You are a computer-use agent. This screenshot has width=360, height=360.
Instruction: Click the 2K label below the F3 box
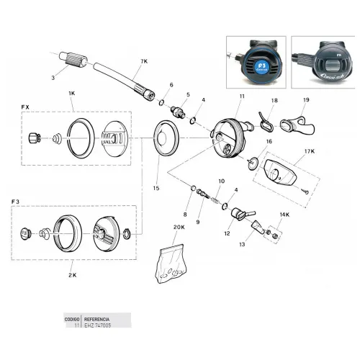coord(72,274)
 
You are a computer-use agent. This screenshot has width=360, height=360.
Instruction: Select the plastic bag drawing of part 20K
coord(171,262)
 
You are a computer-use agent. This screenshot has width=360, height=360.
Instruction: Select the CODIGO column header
coord(72,317)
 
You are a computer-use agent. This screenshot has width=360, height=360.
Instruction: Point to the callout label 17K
coord(310,152)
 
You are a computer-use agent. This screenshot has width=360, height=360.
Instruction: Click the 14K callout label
coord(284,214)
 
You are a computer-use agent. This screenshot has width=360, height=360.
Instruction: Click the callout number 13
coord(242,245)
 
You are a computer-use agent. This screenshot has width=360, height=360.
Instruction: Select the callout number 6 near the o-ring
coord(171,84)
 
